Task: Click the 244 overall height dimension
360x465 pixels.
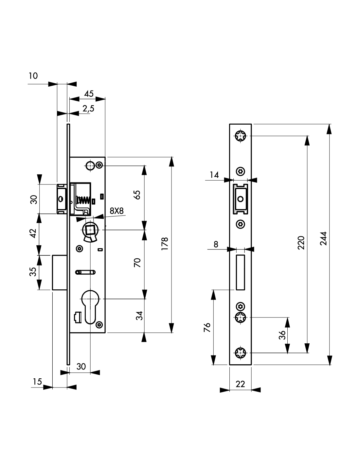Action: (323, 238)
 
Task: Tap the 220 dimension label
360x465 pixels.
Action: (301, 242)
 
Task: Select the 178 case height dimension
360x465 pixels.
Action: (165, 244)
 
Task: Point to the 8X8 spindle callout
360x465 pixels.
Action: (117, 211)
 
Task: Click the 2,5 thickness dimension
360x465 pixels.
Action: (88, 109)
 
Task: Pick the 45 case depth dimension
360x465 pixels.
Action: (89, 94)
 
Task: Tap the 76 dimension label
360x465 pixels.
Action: (207, 328)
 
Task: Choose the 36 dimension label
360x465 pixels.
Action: (282, 335)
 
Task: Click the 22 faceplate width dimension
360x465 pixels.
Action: (240, 384)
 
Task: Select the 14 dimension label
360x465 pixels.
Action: (214, 175)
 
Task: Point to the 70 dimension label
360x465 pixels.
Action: (137, 263)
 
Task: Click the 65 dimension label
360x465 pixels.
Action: (137, 195)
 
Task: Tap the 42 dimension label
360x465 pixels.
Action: (33, 233)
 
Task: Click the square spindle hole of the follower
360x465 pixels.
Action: (90, 230)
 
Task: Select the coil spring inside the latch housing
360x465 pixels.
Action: (83, 200)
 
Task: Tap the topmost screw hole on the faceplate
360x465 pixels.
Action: (240, 136)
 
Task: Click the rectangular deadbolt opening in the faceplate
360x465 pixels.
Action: (240, 272)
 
